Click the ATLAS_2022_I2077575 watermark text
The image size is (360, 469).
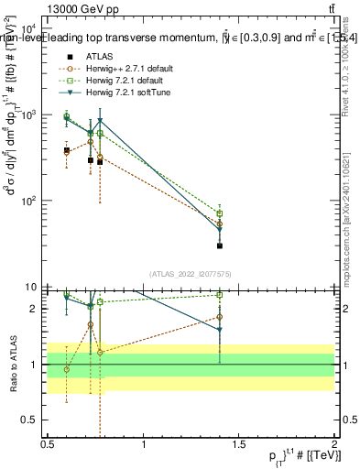pos(191,274)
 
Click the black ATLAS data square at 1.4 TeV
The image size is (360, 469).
pos(220,245)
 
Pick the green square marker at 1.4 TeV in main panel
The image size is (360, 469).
pos(220,213)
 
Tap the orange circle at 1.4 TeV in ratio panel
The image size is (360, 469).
pos(220,317)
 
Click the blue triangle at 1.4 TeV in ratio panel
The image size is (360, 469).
pos(220,330)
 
